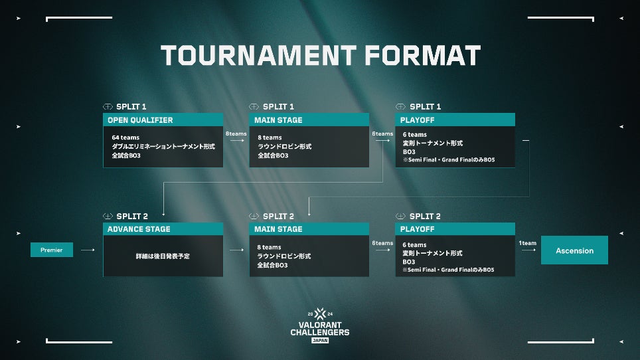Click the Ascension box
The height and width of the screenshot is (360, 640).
(x=574, y=250)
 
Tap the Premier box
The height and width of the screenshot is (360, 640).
(x=51, y=250)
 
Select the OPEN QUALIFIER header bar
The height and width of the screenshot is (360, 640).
(x=163, y=120)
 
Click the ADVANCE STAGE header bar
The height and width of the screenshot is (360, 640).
(x=163, y=229)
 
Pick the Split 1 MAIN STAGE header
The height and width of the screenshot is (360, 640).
(x=309, y=120)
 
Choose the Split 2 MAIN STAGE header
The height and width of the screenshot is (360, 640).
(x=309, y=229)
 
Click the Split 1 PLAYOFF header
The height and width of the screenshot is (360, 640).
(x=455, y=120)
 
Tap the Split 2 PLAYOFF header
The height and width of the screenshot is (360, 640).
(x=455, y=229)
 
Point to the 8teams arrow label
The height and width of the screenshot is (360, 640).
(x=236, y=134)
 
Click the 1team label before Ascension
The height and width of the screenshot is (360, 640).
(x=528, y=243)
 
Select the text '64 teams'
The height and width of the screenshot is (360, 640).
(x=125, y=137)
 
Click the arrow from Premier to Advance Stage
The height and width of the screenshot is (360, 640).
(x=88, y=250)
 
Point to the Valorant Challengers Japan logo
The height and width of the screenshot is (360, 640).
(x=319, y=325)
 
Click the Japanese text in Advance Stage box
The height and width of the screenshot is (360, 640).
(x=163, y=256)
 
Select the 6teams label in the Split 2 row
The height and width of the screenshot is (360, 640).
(x=382, y=243)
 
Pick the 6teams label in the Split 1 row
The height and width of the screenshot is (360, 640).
(x=382, y=134)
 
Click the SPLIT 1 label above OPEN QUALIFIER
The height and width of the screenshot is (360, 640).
(x=131, y=106)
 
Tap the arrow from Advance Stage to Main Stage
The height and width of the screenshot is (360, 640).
(x=236, y=250)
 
